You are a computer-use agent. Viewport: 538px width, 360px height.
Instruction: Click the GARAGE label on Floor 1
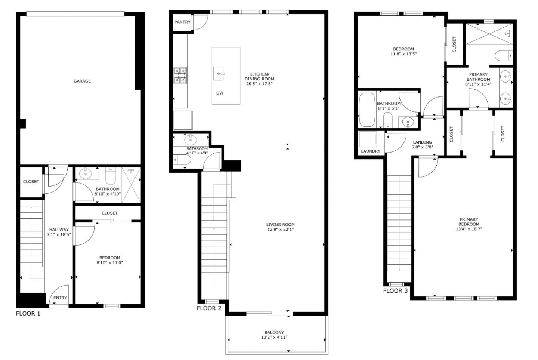82,81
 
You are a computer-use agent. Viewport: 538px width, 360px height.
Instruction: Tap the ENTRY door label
60,298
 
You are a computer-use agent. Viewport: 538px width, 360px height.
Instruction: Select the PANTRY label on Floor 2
182,22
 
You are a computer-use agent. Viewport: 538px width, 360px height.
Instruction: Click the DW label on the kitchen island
220,93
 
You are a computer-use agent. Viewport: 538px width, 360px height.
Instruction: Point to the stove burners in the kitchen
180,75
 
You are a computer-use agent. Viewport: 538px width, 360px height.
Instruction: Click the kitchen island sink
219,74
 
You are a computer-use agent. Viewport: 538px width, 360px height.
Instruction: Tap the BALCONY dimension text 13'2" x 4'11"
274,337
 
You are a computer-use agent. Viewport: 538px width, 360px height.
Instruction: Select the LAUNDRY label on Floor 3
371,151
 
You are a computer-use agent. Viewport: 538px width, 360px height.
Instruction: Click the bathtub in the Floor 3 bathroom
367,110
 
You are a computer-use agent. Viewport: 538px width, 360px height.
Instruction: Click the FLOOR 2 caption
209,308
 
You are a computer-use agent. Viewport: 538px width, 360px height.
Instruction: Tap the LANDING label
423,142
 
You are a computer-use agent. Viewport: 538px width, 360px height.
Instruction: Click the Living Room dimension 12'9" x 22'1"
280,230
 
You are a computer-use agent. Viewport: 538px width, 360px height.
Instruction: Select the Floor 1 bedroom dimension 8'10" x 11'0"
109,262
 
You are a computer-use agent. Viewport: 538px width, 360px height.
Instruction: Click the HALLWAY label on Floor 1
59,230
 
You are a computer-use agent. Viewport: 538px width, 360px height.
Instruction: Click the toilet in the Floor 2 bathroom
183,160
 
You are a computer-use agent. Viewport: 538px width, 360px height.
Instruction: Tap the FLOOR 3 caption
395,290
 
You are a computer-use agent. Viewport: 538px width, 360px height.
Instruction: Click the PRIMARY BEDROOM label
469,222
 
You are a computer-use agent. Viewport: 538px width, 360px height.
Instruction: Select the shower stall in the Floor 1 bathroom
131,185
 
